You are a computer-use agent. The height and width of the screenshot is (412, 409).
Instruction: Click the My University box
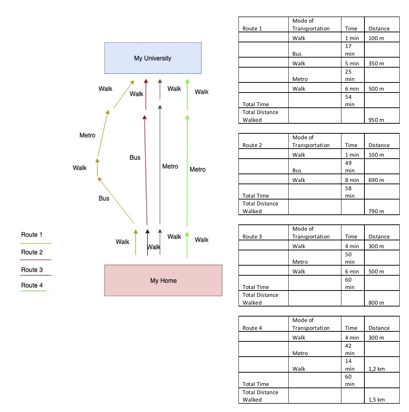point(153,58)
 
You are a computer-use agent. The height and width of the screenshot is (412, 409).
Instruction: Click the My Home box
point(163,280)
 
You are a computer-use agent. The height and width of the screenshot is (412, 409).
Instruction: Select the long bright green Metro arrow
point(187,171)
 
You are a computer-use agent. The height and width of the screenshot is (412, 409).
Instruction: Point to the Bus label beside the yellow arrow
point(104,198)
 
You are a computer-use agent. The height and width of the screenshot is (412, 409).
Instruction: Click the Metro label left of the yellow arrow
point(87,135)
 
